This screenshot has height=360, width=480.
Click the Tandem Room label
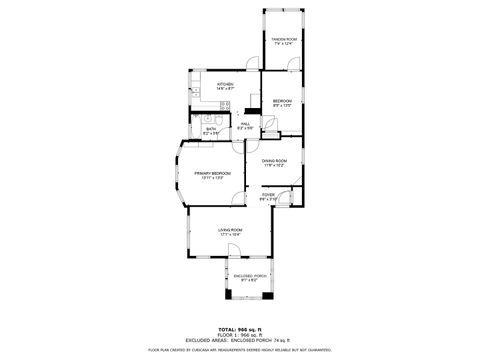point(285,41)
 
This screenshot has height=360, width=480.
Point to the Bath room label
point(211,131)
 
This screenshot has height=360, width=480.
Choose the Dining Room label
point(275,163)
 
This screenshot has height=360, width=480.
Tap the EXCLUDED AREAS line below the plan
point(239,341)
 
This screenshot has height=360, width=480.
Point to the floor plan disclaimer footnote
point(239,350)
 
